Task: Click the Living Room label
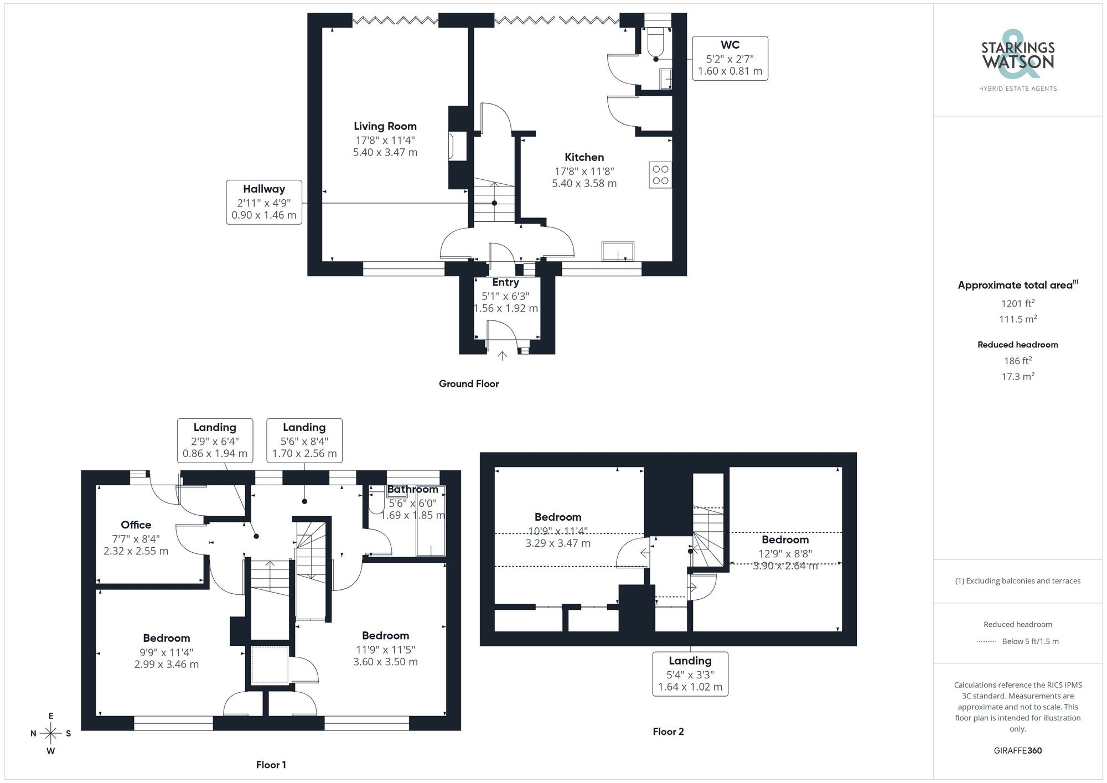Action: click(x=385, y=127)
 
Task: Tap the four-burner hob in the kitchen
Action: click(x=660, y=175)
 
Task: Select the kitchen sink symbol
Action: click(x=618, y=251)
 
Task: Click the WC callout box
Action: click(x=730, y=58)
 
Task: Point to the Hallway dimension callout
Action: click(x=264, y=202)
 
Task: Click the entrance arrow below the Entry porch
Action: click(x=502, y=355)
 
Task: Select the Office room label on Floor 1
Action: click(x=136, y=525)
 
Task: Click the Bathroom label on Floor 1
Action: click(x=412, y=489)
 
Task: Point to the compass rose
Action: click(x=50, y=734)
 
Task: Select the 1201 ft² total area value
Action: click(x=1017, y=303)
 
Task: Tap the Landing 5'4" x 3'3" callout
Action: click(x=690, y=674)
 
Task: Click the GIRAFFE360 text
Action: click(x=1017, y=751)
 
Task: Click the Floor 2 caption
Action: click(x=668, y=732)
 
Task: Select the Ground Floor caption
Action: click(x=468, y=384)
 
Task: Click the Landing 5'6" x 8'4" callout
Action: click(x=304, y=440)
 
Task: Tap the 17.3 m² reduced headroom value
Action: click(x=1017, y=376)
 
